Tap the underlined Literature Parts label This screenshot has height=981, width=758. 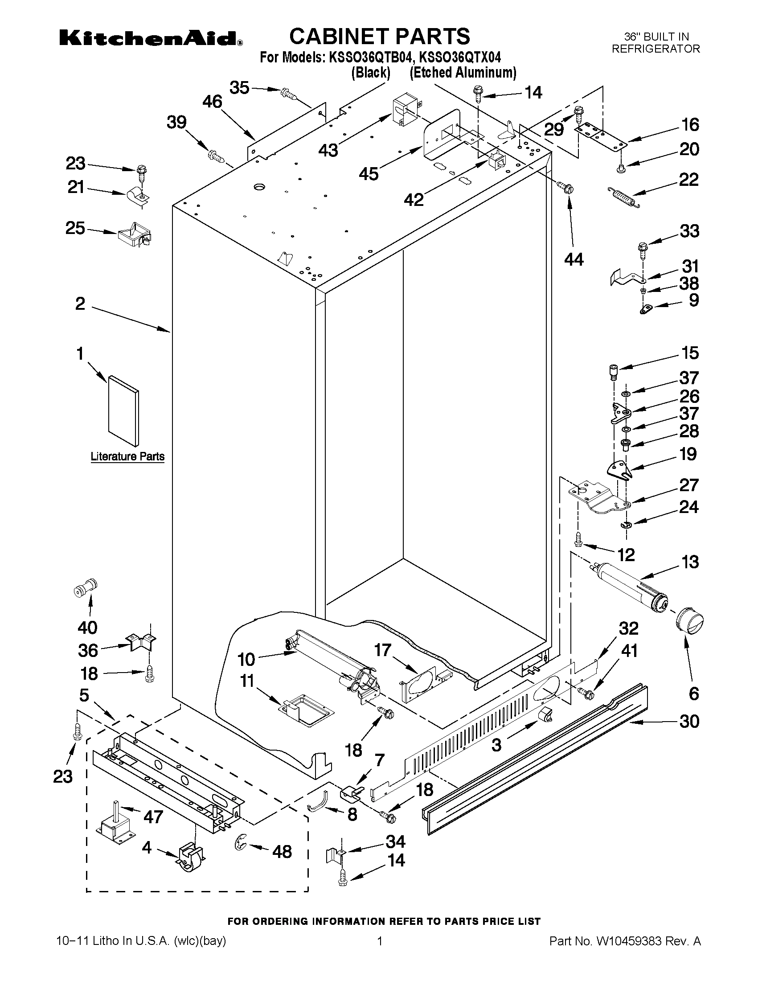tap(127, 456)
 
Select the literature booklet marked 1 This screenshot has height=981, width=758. tap(123, 412)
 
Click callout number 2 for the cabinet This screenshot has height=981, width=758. tap(80, 304)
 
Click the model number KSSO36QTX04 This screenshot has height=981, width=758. tap(459, 57)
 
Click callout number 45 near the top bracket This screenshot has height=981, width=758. tap(368, 174)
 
